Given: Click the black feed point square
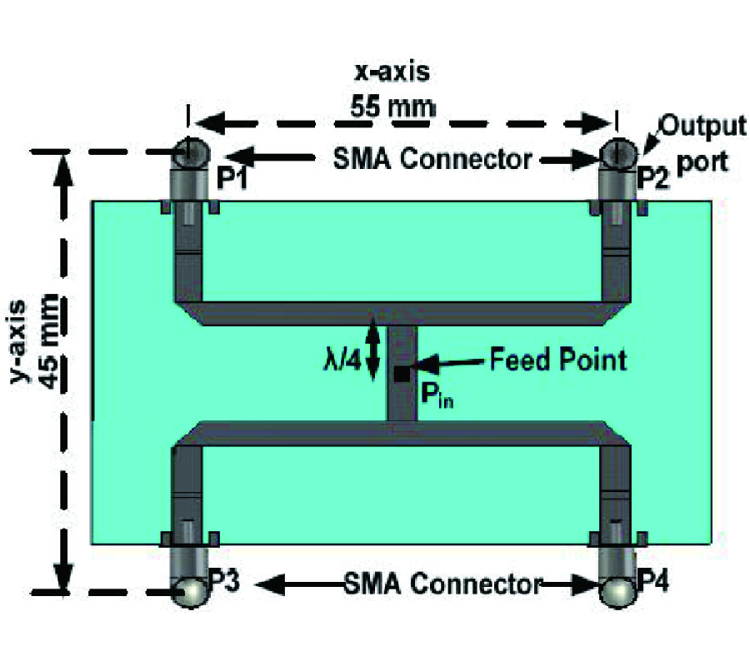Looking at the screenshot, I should point(401,374).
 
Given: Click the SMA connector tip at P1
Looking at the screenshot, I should point(191,152).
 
